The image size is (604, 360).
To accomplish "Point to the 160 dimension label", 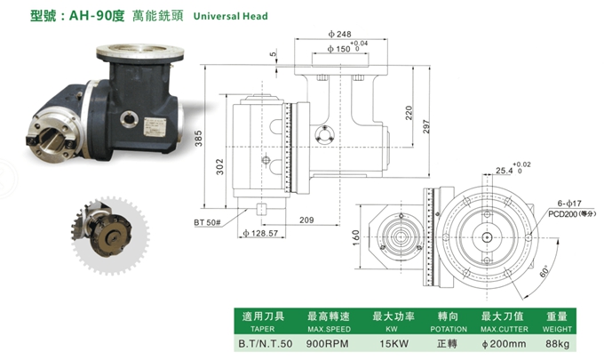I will (355, 237).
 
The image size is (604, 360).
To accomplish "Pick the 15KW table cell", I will (388, 341).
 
